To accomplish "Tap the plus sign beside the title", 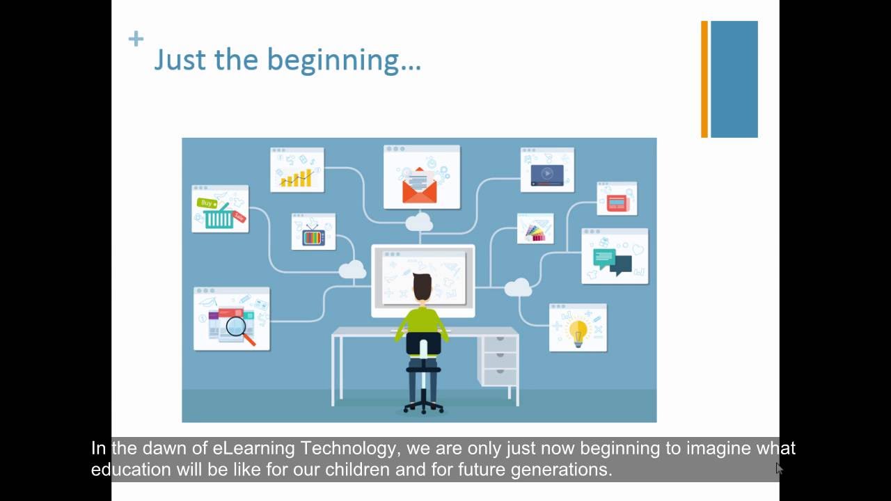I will [136, 39].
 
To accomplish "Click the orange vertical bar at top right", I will [704, 79].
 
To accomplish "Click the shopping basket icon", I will [219, 217].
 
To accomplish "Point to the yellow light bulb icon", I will [578, 332].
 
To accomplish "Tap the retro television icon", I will [313, 236].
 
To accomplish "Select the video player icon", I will [547, 174].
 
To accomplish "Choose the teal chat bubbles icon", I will [613, 261].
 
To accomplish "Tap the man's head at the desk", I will [423, 287].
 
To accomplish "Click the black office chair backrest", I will [423, 344].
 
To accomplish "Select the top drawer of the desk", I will [500, 344].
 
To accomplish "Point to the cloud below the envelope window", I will [418, 222].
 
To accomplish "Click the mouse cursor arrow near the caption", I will [779, 468].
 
